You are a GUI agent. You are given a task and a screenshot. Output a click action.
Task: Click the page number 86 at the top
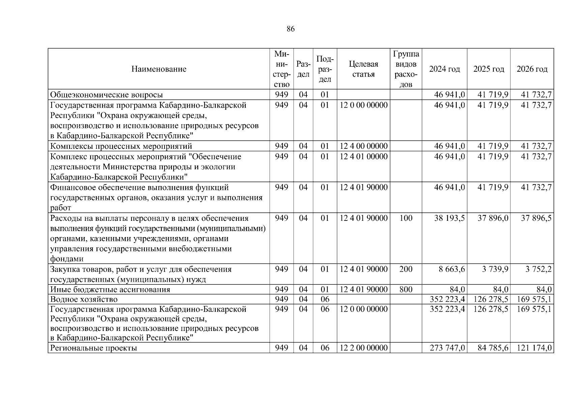[x=291, y=29]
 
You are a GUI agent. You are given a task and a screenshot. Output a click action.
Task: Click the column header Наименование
[x=159, y=69]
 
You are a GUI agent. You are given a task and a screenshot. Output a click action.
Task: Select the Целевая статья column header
[x=363, y=69]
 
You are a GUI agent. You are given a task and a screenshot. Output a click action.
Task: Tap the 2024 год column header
[x=445, y=69]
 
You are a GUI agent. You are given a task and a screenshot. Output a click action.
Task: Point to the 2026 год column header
[x=532, y=69]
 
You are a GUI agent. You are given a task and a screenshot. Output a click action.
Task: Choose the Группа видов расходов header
[x=406, y=69]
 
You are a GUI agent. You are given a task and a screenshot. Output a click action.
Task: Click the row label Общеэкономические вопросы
[x=107, y=95]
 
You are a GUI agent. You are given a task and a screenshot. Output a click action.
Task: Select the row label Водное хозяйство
[x=84, y=299]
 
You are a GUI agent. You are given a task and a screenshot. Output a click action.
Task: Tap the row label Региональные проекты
[x=94, y=348]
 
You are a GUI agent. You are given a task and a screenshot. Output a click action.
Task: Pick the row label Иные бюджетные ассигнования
[x=110, y=290]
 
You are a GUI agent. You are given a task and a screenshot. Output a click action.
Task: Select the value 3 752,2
[x=538, y=269]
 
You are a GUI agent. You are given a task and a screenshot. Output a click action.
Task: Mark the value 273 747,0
[x=447, y=348]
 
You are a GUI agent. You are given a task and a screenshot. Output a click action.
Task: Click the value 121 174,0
[x=534, y=348]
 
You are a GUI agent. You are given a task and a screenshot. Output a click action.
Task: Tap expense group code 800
[x=406, y=290]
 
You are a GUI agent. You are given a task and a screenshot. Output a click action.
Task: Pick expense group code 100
[x=406, y=218]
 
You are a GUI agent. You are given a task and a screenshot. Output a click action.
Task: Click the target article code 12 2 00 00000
[x=363, y=348]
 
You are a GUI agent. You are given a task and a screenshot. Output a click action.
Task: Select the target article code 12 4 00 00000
[x=363, y=146]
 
